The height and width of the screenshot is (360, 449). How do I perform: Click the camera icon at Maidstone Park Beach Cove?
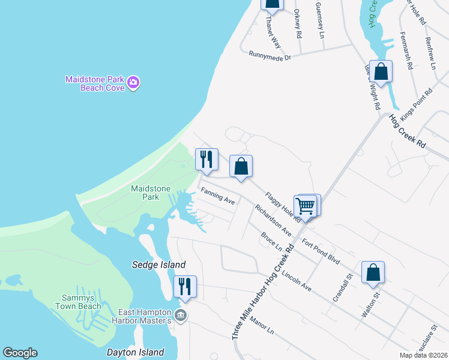(133, 82)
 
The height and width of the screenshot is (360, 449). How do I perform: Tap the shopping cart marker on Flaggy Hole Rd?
(306, 206)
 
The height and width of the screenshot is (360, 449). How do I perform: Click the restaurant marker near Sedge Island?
(185, 287)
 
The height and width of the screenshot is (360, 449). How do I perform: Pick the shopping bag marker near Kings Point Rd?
(381, 72)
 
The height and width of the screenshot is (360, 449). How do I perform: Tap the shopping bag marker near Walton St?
(373, 272)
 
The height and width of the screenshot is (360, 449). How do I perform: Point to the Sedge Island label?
(158, 265)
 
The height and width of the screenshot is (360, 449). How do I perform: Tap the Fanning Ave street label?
(217, 196)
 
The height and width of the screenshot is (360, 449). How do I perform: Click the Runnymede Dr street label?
(270, 56)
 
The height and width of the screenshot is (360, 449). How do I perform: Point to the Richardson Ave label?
(273, 220)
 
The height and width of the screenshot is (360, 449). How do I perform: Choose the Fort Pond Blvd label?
(321, 251)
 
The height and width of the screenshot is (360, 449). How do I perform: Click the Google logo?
(20, 353)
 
